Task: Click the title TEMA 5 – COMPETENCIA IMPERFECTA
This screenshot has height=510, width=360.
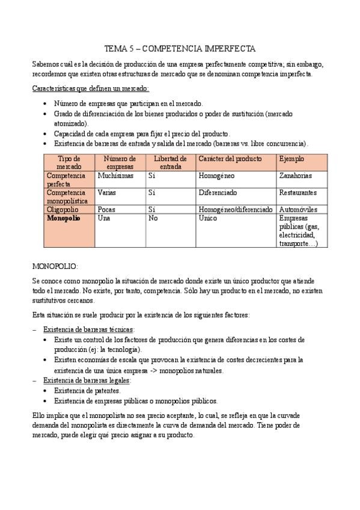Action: click(180, 48)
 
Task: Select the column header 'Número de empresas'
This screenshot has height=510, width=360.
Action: click(120, 162)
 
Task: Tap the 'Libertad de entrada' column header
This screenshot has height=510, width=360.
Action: click(171, 162)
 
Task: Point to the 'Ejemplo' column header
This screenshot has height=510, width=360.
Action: click(291, 159)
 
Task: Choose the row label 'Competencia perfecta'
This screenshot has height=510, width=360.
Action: click(67, 179)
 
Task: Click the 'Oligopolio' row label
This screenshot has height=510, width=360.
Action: click(63, 209)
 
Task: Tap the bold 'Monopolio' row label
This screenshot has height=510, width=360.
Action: click(64, 218)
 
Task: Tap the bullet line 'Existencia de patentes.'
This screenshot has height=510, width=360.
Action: click(87, 391)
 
